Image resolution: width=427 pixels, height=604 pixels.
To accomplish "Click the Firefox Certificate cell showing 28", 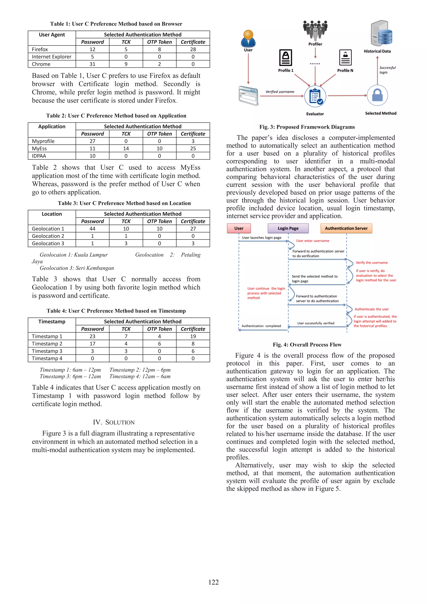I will point(193,49).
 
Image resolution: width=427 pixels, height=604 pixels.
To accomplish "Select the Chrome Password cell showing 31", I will point(92,64).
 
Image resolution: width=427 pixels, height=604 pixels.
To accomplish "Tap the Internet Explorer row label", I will point(51,57).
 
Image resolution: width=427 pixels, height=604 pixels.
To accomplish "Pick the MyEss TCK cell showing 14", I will point(126,148).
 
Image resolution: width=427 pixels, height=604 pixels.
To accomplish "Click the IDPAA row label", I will point(39,156).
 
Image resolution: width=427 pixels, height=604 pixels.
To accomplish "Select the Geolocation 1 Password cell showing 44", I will point(92,229).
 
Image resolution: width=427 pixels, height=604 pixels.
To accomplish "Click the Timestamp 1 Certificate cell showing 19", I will point(193,336).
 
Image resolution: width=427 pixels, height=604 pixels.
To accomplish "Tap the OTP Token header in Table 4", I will point(159,329).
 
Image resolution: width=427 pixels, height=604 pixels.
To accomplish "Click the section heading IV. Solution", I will point(114,422).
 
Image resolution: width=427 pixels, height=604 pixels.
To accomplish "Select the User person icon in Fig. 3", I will point(248,38).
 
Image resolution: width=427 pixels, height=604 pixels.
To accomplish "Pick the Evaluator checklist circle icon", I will point(315,96).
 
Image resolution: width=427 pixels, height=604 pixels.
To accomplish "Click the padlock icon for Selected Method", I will point(377,95).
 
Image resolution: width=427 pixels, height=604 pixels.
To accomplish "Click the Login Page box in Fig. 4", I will point(288,228).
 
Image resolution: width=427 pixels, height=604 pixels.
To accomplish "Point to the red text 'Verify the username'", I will point(372,262).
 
